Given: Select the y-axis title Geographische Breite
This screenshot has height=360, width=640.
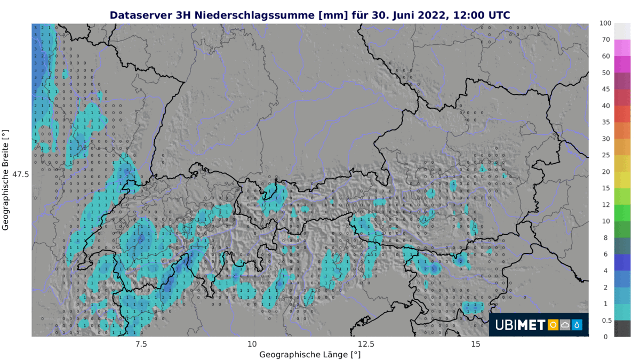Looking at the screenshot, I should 6,180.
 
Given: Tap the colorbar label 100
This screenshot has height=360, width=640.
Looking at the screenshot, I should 605,23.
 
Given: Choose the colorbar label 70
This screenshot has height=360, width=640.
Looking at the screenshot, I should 605,39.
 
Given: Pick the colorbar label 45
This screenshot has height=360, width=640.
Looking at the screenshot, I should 605,89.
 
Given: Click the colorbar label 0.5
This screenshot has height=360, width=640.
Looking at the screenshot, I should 606,320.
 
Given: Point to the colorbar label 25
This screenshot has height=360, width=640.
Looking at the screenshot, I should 605,155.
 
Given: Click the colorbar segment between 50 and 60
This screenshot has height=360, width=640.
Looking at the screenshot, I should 622,64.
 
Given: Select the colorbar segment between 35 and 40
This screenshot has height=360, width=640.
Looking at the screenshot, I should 622,114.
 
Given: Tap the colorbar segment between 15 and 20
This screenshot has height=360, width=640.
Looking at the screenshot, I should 622,180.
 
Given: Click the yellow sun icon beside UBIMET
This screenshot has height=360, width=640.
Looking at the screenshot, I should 553,325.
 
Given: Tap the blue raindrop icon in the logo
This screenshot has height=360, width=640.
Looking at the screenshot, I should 577,325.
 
